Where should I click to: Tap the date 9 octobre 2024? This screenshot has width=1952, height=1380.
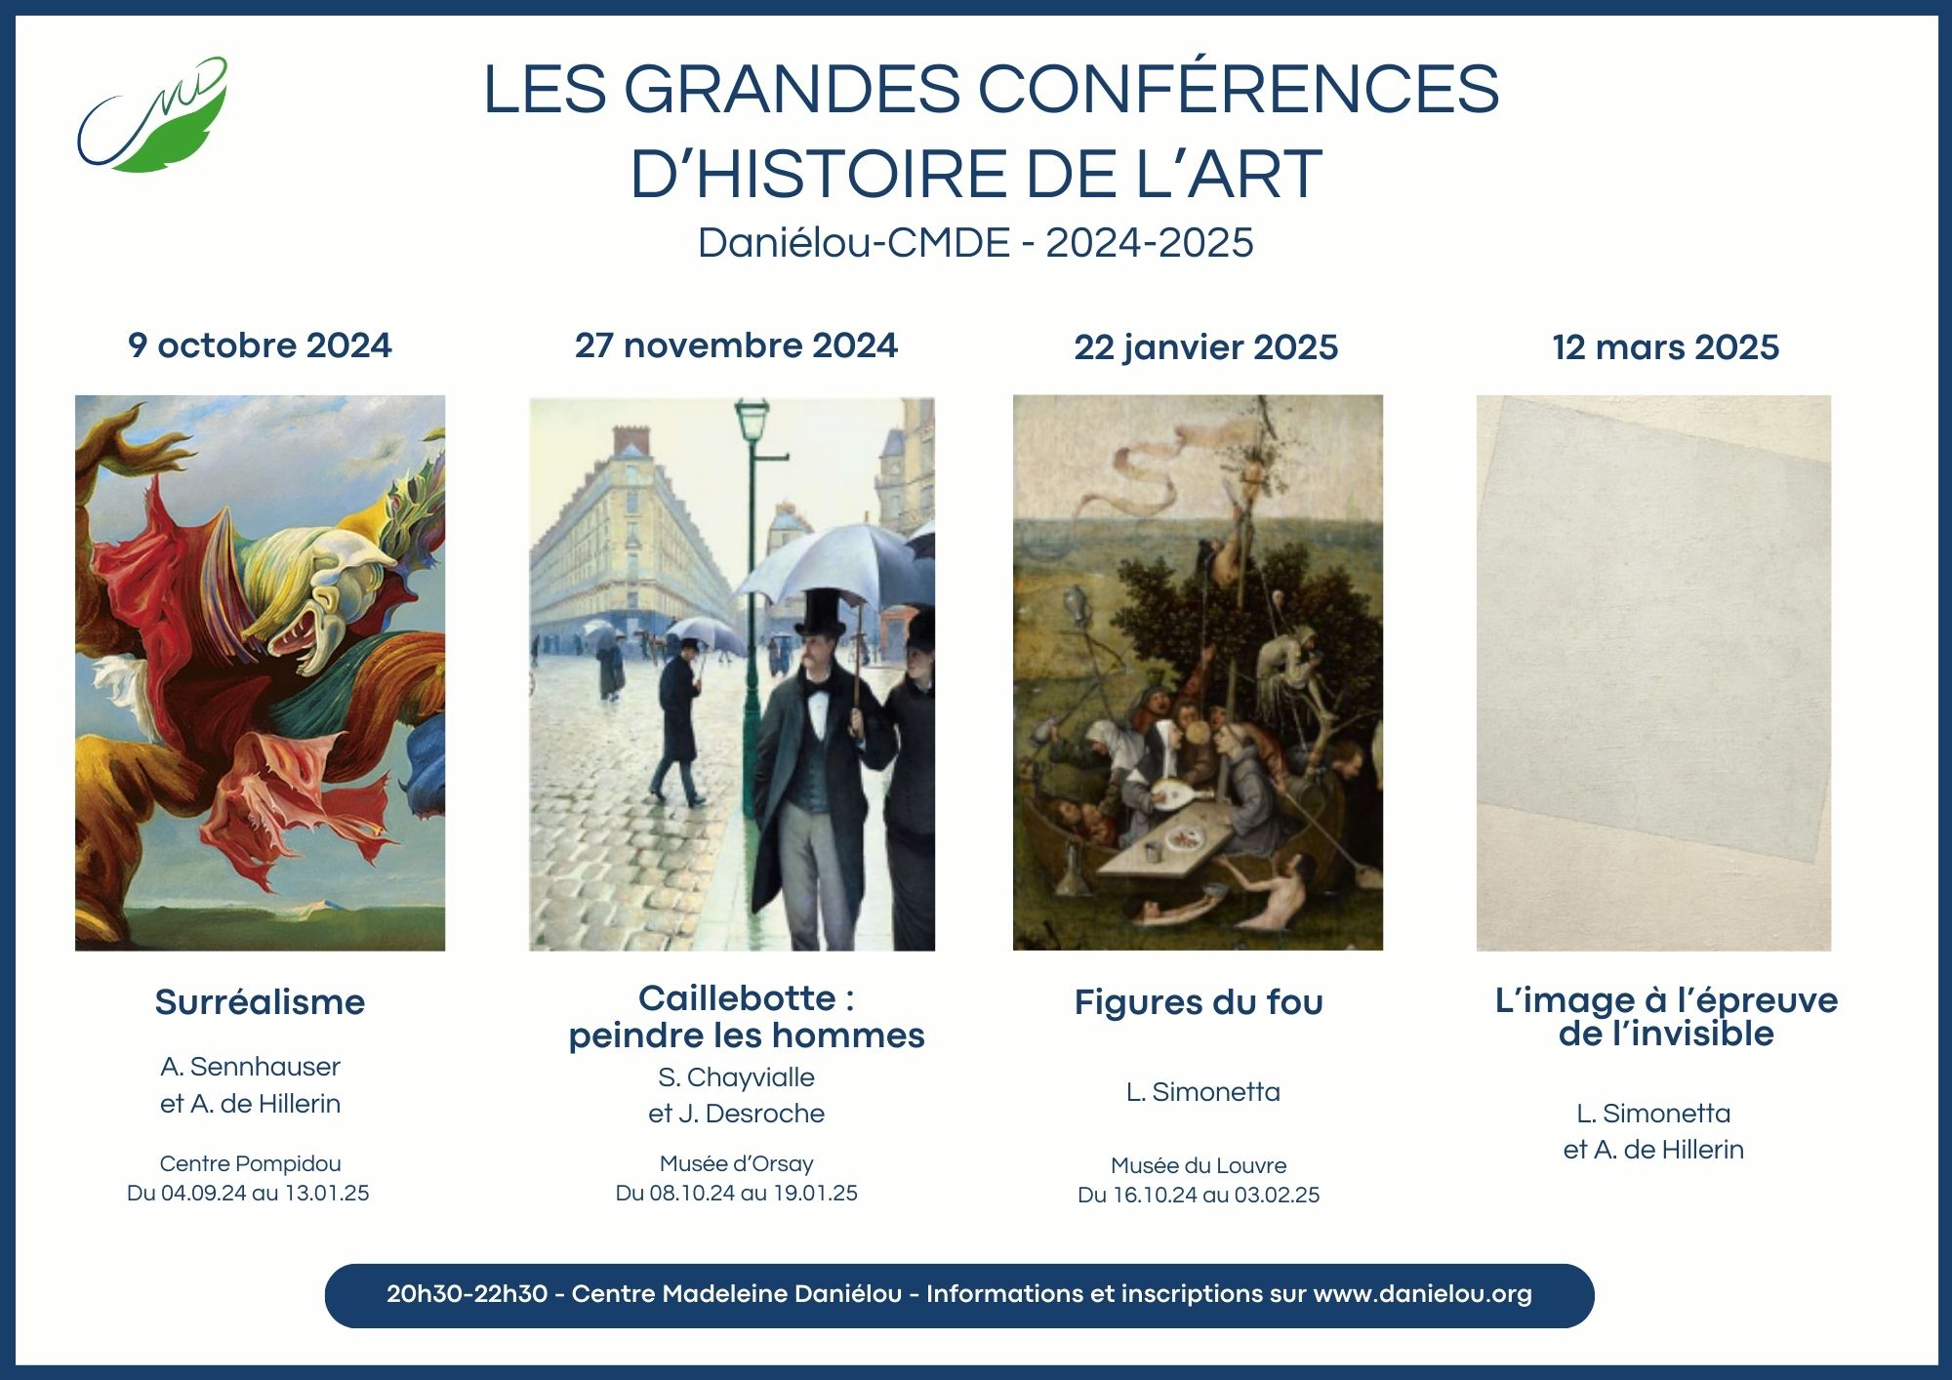pyautogui.click(x=260, y=345)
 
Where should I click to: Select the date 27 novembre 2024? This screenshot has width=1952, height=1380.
pyautogui.click(x=736, y=345)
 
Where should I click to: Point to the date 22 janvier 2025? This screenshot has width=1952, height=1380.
pyautogui.click(x=1206, y=347)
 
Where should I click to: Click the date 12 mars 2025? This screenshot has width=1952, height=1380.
pyautogui.click(x=1666, y=347)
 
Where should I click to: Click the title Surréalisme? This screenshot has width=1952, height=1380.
pyautogui.click(x=260, y=1002)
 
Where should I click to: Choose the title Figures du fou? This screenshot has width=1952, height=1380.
pyautogui.click(x=1199, y=1002)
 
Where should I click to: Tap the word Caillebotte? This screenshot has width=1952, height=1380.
pyautogui.click(x=737, y=998)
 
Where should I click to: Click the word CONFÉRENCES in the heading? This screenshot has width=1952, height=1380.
pyautogui.click(x=1239, y=89)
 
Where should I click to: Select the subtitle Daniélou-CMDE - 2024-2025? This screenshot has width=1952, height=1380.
pyautogui.click(x=976, y=243)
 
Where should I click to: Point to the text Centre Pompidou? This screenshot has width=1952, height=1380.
pyautogui.click(x=251, y=1163)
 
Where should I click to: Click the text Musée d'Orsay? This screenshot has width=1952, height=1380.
pyautogui.click(x=737, y=1163)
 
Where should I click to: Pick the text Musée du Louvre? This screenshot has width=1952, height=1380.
pyautogui.click(x=1199, y=1165)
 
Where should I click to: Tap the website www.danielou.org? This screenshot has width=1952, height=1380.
pyautogui.click(x=1423, y=1294)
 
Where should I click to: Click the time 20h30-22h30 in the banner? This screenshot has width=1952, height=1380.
pyautogui.click(x=467, y=1294)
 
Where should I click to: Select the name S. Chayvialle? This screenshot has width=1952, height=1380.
pyautogui.click(x=737, y=1077)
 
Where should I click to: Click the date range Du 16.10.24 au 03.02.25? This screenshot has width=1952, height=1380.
pyautogui.click(x=1199, y=1195)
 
